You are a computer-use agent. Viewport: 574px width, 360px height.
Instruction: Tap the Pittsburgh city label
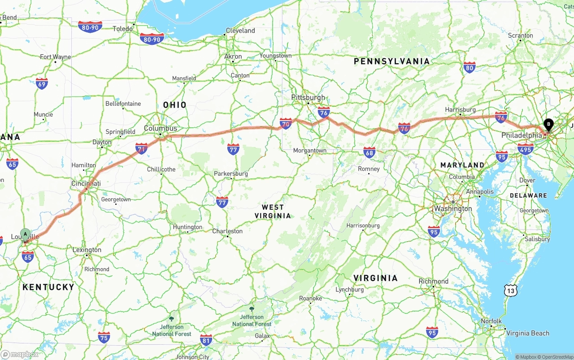(308, 97)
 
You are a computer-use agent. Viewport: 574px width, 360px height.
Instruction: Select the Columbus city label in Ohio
(160, 128)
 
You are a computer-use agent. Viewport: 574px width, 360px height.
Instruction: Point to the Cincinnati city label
(86, 183)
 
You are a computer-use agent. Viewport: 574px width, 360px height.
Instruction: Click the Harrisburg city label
(460, 109)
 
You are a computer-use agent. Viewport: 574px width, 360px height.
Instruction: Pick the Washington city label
(453, 208)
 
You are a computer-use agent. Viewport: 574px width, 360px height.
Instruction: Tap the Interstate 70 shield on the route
(286, 123)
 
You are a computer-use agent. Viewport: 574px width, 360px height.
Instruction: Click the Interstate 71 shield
(141, 148)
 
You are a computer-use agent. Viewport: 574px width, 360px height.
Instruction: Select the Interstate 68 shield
(369, 152)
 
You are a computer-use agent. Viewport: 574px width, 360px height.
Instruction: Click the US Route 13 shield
(510, 291)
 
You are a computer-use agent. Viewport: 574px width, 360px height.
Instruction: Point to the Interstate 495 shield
(526, 148)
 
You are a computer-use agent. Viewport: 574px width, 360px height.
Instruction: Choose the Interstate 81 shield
(206, 339)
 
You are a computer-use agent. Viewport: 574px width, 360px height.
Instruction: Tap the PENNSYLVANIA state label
(391, 61)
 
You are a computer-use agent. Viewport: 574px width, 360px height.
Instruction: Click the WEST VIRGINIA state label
(273, 211)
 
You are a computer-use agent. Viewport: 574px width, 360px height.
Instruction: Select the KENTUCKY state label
(48, 287)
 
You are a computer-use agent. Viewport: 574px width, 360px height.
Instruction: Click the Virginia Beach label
(527, 333)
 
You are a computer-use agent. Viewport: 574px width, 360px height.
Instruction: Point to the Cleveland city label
(240, 30)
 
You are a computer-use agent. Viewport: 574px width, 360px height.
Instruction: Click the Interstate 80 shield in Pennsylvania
(470, 68)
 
